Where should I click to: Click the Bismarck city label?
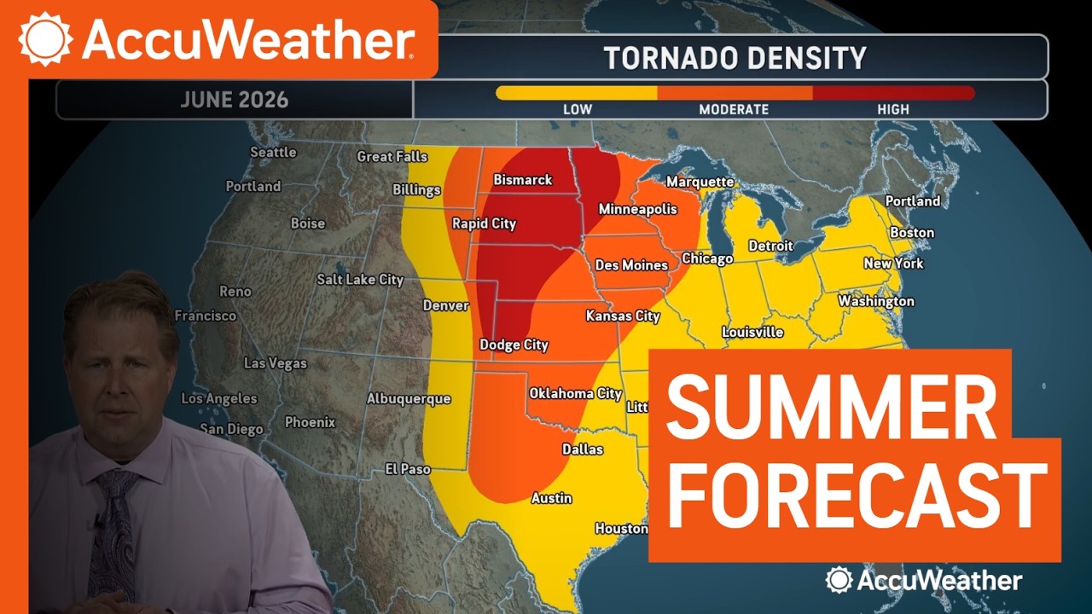[523, 180]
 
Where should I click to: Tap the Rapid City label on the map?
[484, 223]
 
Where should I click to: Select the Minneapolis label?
[637, 209]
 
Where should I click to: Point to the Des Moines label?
[631, 265]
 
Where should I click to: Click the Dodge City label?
[514, 345]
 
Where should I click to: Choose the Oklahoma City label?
[575, 393]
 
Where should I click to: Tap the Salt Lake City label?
[360, 280]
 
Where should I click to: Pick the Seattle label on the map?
[273, 153]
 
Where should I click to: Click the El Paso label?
[408, 469]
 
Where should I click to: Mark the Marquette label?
[700, 182]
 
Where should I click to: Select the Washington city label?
[875, 301]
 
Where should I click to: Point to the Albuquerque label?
[409, 398]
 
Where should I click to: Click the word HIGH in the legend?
[893, 109]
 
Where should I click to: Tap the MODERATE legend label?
[734, 109]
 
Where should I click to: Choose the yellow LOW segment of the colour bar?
[577, 93]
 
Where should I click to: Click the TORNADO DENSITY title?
[735, 58]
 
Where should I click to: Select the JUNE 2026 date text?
[235, 100]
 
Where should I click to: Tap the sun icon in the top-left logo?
[46, 39]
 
